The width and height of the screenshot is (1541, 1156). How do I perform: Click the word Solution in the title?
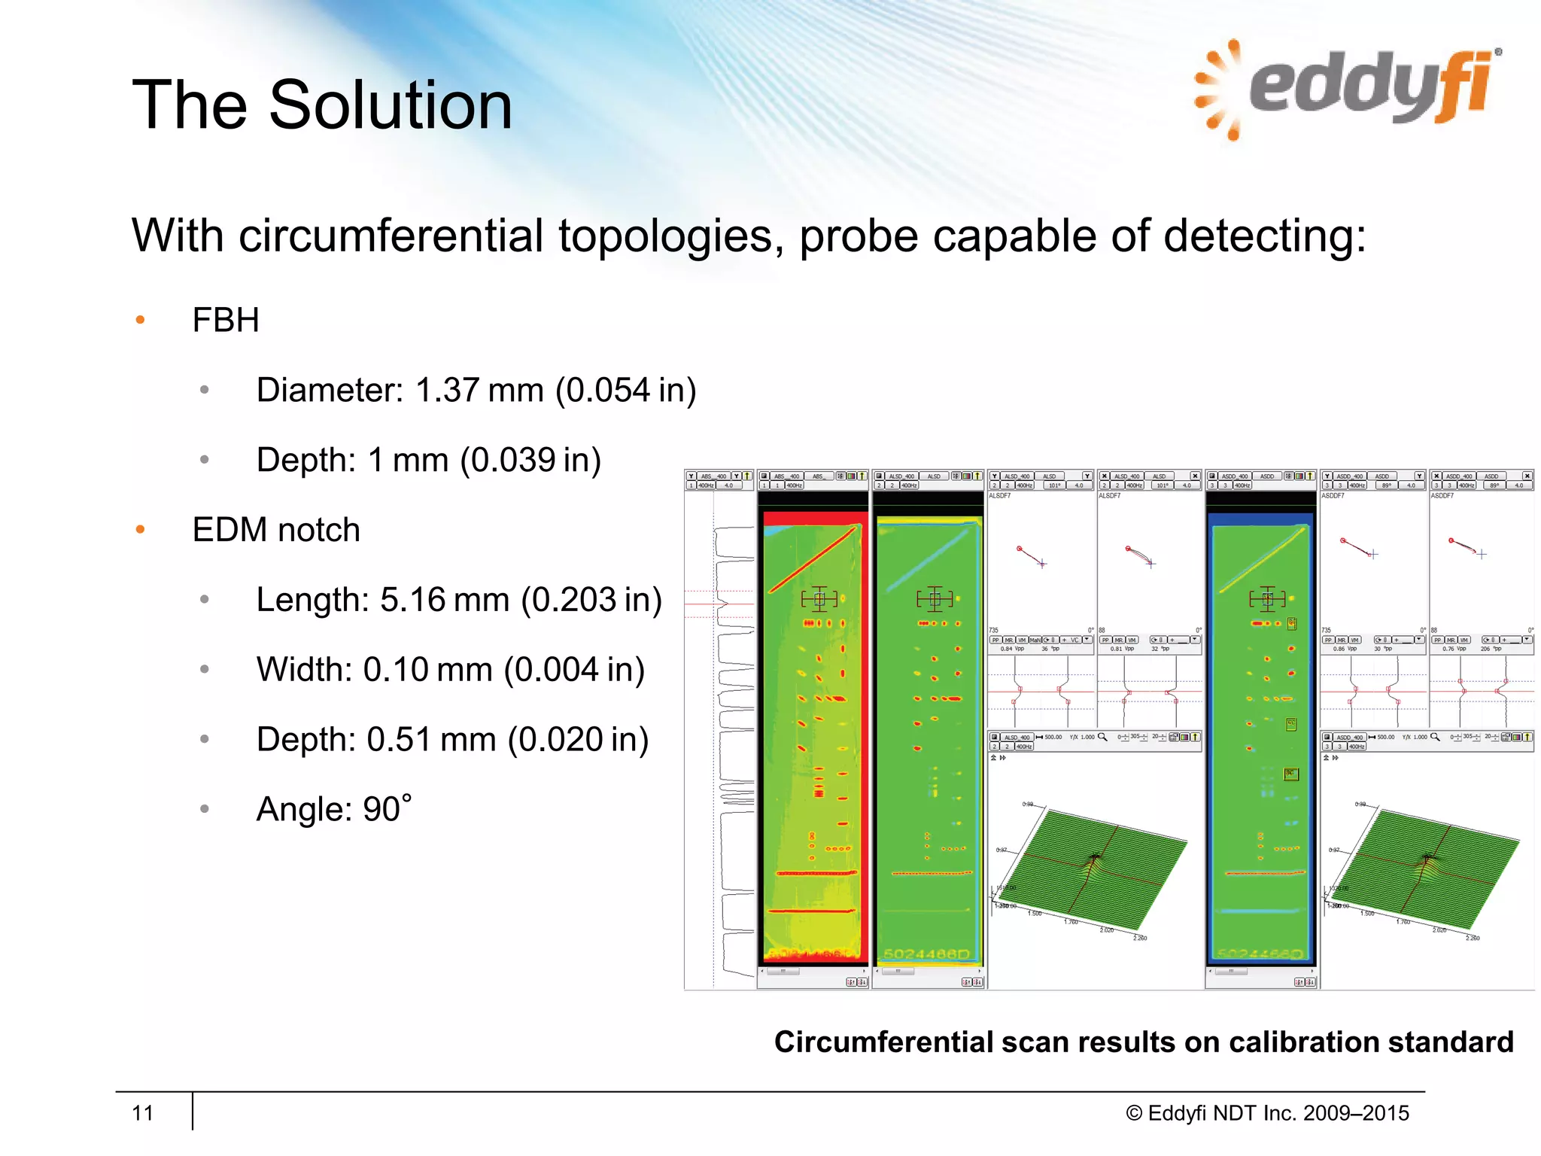tap(391, 105)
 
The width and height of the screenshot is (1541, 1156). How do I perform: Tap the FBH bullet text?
tap(225, 320)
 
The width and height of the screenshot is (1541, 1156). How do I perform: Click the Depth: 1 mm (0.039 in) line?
tap(428, 460)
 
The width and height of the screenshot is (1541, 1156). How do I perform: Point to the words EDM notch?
tap(275, 530)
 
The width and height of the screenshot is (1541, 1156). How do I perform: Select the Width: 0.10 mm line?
tap(450, 670)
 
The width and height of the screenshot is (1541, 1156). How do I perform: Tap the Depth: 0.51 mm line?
tap(451, 740)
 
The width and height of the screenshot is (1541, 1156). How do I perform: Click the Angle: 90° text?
tap(333, 810)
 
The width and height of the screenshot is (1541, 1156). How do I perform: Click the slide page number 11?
tap(142, 1113)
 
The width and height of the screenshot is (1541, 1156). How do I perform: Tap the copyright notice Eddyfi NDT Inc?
tap(1267, 1113)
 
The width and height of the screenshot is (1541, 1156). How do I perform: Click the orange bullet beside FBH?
tap(140, 320)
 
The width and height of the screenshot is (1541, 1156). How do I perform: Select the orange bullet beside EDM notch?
tap(140, 530)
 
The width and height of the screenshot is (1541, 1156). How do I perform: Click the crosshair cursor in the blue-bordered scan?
tap(1267, 599)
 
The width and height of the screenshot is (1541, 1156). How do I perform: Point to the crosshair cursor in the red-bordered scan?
tap(819, 599)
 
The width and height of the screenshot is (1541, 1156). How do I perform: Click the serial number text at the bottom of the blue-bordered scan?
tap(1260, 954)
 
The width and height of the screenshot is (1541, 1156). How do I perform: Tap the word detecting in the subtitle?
tap(1264, 236)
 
